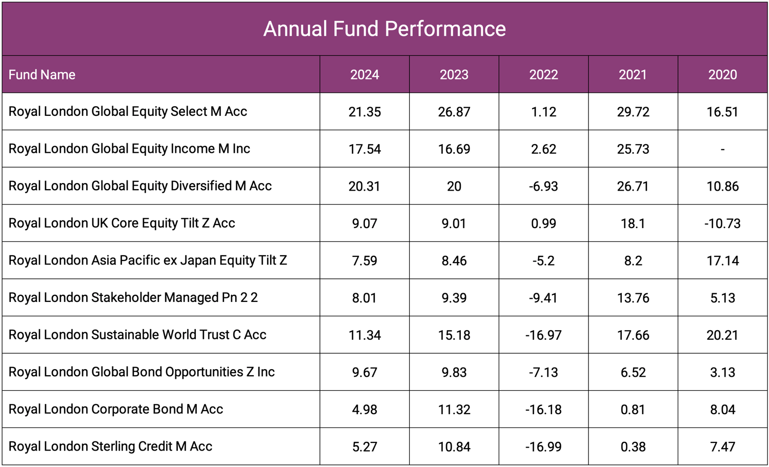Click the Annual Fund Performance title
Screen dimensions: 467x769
click(x=385, y=29)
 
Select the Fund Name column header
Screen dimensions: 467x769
click(x=42, y=75)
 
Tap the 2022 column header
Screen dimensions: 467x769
click(x=543, y=75)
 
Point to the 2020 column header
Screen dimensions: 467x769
click(x=722, y=75)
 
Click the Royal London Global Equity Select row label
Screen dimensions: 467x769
click(x=128, y=112)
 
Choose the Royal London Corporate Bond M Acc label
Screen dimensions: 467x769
click(x=116, y=409)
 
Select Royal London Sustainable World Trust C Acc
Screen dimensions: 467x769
click(x=137, y=335)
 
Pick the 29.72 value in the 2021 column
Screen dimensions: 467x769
click(x=633, y=112)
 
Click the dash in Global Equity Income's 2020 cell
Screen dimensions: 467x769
click(x=722, y=149)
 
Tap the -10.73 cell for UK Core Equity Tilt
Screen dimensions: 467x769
click(x=722, y=224)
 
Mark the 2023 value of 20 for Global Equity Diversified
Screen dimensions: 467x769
click(x=454, y=186)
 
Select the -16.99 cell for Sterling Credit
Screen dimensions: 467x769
click(x=543, y=446)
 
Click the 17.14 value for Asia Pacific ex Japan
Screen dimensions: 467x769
click(x=722, y=260)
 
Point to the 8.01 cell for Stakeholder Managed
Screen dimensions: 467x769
click(x=365, y=298)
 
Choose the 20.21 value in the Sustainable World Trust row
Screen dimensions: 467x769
click(x=722, y=335)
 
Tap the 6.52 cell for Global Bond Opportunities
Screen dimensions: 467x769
click(x=633, y=372)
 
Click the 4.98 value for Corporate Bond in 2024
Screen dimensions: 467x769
click(x=365, y=409)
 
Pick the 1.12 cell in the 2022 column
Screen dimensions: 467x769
click(x=543, y=112)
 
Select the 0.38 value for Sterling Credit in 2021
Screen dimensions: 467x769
click(x=633, y=446)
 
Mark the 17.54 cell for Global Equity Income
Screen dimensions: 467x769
click(x=365, y=149)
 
